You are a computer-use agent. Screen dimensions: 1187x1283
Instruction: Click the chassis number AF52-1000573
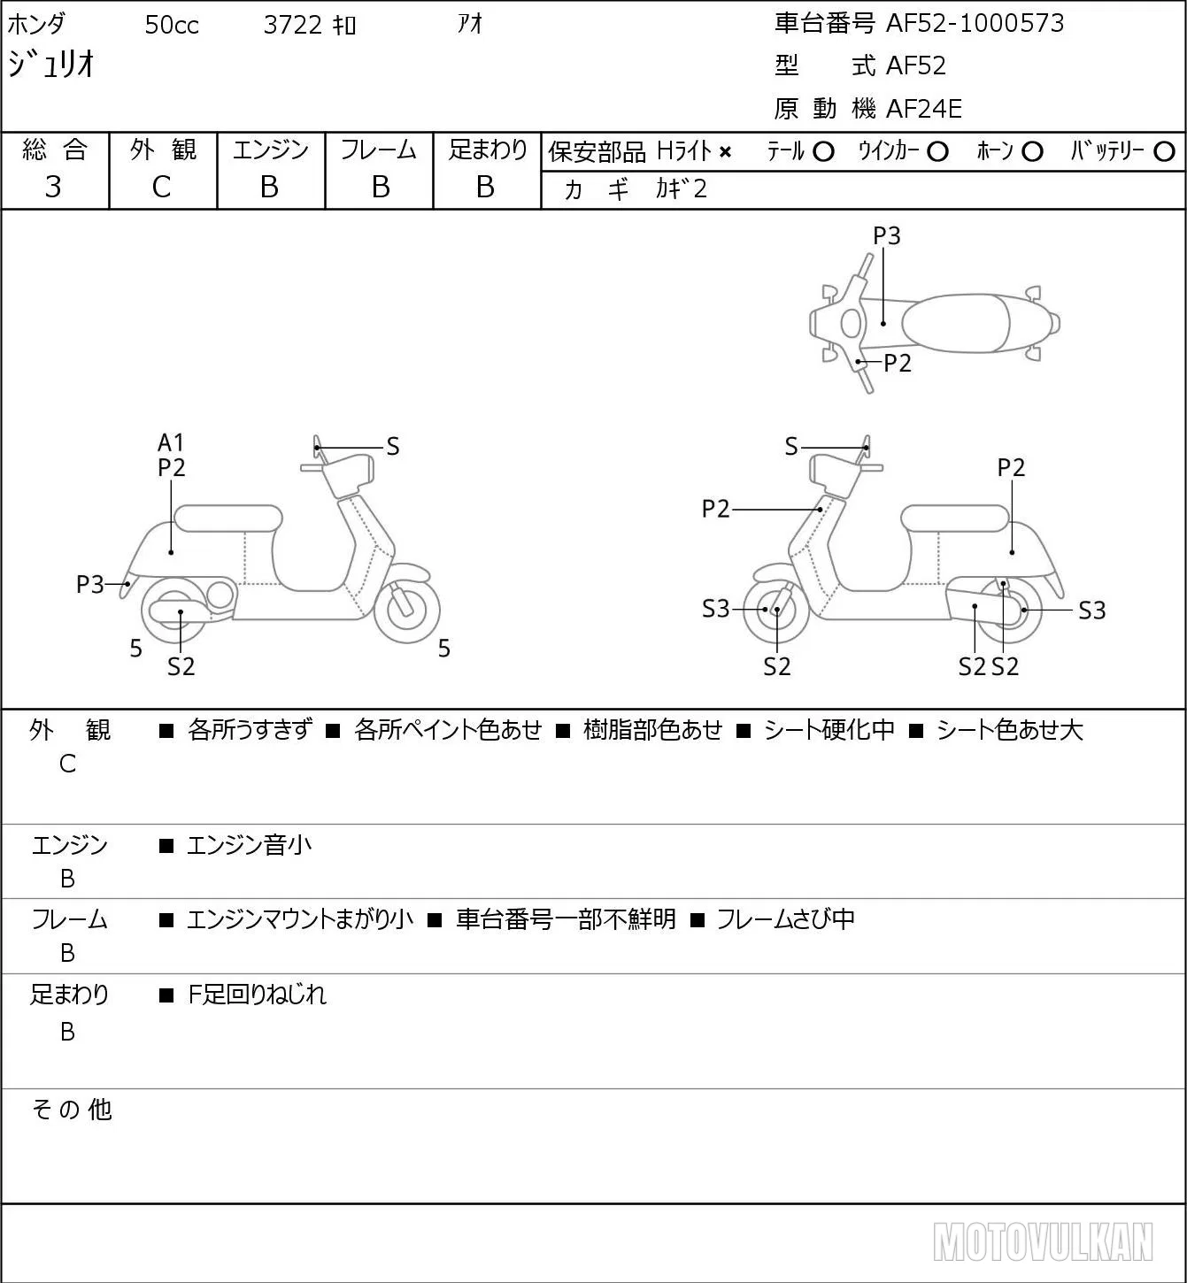[975, 23]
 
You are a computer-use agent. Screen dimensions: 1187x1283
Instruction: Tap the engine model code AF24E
[924, 109]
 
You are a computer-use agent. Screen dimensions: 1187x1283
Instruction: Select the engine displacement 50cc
[172, 25]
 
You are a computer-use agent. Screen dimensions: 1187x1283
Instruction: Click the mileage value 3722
[292, 25]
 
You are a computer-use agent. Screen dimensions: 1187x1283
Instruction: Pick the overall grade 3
[53, 187]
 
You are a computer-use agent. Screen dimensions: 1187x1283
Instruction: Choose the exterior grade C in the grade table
[161, 187]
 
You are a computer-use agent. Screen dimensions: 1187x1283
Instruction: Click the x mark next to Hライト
[725, 152]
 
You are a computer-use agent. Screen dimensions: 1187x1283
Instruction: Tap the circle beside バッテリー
[1164, 152]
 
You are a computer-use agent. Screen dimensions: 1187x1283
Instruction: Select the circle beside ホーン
[1032, 152]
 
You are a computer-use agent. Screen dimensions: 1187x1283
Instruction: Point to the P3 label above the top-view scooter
[886, 235]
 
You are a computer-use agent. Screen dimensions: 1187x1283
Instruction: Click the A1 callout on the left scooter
[171, 442]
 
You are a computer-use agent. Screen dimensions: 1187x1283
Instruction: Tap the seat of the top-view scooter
[954, 323]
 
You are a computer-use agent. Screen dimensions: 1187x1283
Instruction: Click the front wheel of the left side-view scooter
[406, 610]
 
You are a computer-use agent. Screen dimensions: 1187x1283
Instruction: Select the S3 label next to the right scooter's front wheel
[716, 609]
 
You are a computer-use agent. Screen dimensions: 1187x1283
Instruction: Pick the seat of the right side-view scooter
[954, 519]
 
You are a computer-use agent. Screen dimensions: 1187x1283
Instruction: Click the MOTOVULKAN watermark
[1043, 1241]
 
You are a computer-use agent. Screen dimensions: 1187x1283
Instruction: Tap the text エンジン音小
[249, 845]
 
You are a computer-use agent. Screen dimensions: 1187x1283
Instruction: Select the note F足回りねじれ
[257, 995]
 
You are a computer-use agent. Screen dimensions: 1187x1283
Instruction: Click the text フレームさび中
[785, 918]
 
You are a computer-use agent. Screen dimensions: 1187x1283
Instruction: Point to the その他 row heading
[72, 1110]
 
